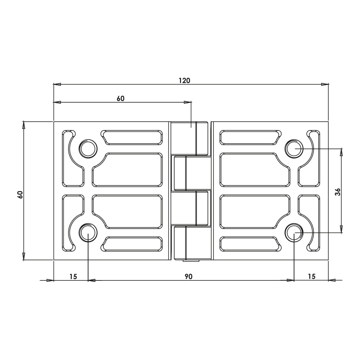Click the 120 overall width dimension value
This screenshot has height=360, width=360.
[x=184, y=80]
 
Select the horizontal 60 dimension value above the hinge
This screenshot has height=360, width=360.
[x=120, y=98]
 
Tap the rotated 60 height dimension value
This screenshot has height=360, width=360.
[x=20, y=194]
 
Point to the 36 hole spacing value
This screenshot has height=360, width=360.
[x=337, y=192]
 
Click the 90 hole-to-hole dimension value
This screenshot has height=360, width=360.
[x=189, y=276]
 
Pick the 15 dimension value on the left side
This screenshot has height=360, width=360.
[x=73, y=276]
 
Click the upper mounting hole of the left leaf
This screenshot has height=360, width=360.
[x=88, y=148]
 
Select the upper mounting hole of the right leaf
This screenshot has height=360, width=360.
[x=294, y=148]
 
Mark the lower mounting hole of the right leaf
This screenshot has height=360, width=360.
[x=294, y=233]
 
